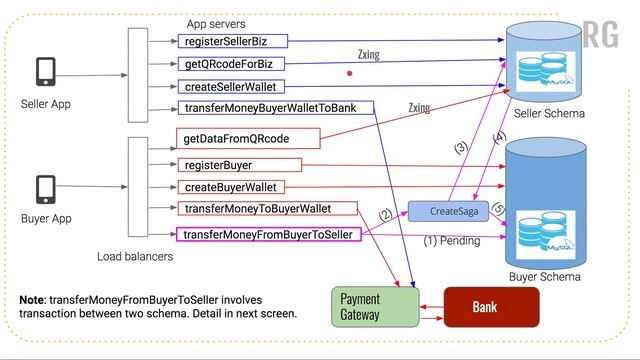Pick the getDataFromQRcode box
239,139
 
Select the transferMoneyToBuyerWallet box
269,209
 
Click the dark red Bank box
490,307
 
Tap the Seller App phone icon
45,73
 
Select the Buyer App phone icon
45,188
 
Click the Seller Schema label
548,114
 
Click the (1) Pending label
452,241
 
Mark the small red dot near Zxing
349,73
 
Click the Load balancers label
135,257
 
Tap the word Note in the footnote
37,300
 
